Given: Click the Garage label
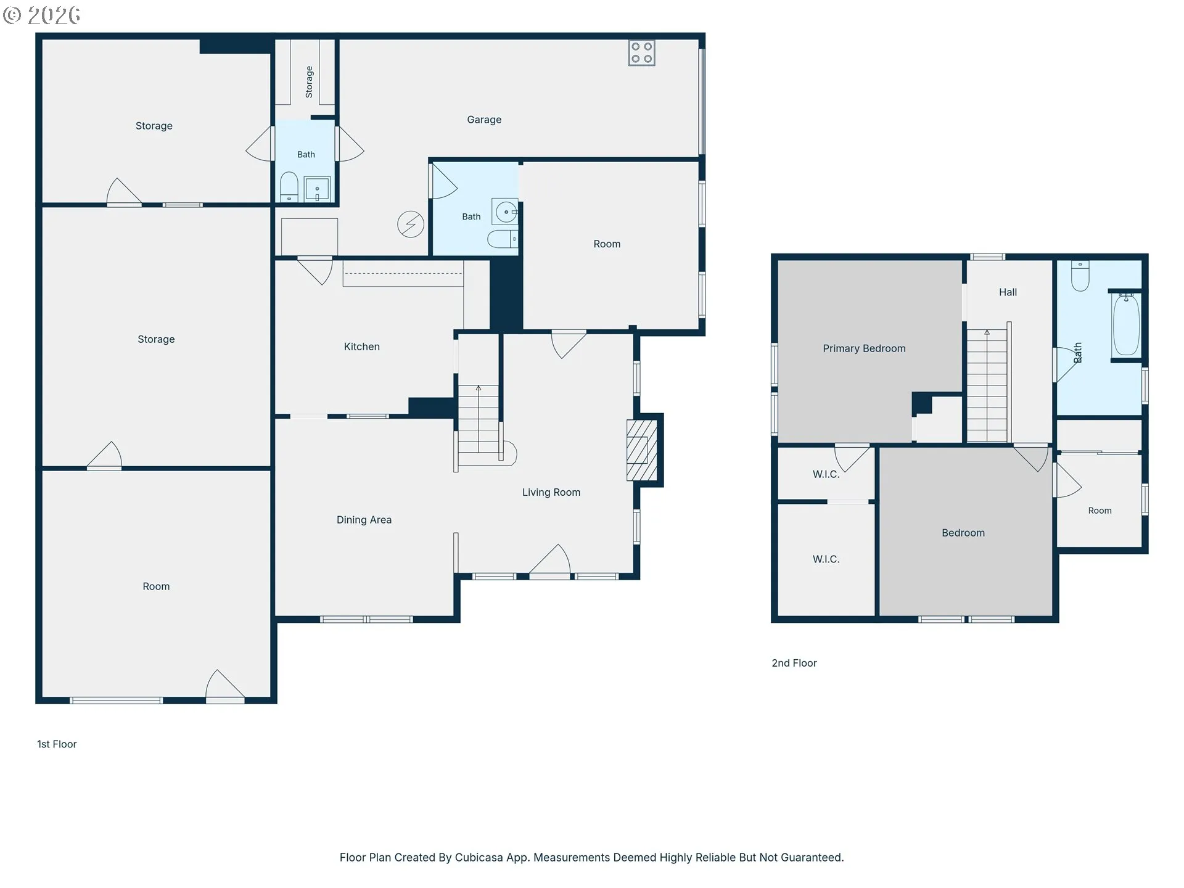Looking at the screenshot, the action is point(484,120).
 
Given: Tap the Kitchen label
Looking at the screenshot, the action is point(362,347).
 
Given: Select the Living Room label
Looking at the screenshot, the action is point(551,492).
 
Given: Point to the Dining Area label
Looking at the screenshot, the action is point(364,520).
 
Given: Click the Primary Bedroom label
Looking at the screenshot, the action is point(864,348).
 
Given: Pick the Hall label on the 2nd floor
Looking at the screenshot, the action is point(1008,292).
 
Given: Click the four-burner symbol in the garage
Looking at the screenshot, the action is point(641,53).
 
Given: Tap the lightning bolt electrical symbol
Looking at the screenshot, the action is point(411,224).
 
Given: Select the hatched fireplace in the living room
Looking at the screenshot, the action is point(641,450).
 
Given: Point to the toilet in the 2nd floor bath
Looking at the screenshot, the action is point(1080,276).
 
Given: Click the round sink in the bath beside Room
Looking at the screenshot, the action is point(506,212).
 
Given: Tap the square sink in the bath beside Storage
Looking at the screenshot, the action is point(318,189).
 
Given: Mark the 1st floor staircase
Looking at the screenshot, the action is point(479,425).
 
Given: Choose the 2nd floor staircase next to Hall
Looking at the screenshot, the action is point(987,385).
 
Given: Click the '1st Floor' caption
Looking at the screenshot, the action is point(57,744).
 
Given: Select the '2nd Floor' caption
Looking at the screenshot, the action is point(794,663).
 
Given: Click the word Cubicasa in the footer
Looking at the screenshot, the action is point(479,857).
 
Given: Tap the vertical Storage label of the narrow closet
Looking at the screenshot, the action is point(309,82).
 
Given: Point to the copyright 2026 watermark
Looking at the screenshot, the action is point(41,15).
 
